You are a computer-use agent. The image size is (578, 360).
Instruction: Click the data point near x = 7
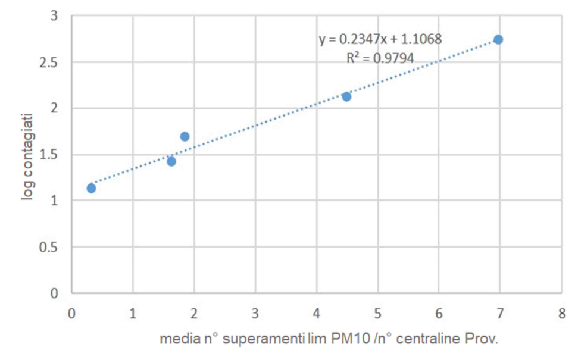click(x=498, y=39)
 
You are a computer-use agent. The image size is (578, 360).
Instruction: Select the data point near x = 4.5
click(x=346, y=96)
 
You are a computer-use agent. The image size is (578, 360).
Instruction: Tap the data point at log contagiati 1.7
click(x=185, y=136)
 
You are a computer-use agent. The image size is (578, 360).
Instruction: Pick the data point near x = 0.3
click(x=91, y=188)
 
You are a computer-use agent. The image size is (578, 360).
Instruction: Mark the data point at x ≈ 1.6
click(x=171, y=161)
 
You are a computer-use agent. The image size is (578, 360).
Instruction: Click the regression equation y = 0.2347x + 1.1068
click(x=380, y=40)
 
